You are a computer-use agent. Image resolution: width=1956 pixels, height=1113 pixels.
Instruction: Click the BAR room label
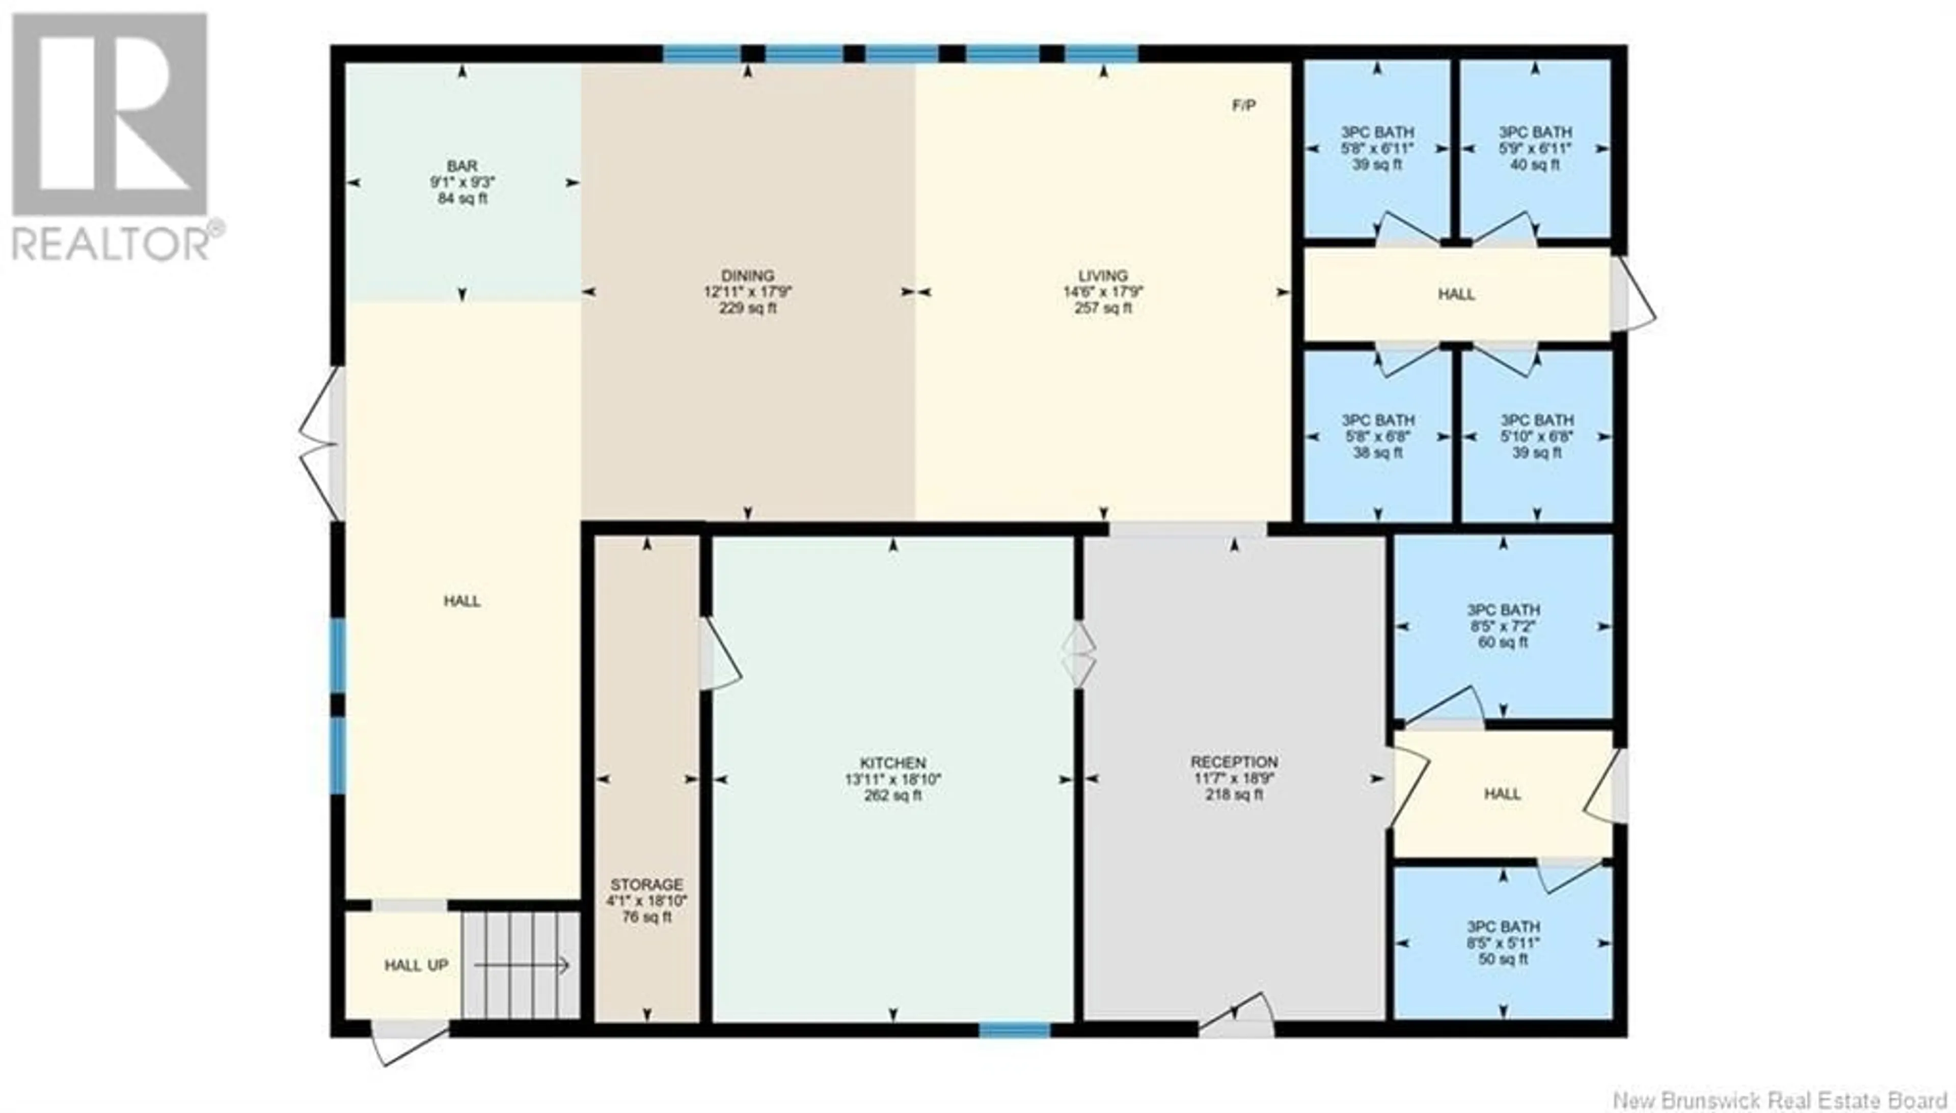coord(462,166)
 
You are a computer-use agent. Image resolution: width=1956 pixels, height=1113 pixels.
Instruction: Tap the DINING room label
coord(747,275)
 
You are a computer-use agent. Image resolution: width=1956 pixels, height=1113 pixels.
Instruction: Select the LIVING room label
coord(1103,275)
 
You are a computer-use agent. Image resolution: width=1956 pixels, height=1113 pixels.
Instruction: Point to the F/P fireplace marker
coord(1243,105)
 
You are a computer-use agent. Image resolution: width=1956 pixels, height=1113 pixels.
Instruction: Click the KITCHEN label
coord(892,763)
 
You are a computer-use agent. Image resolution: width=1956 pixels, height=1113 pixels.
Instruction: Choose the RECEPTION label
coord(1234,762)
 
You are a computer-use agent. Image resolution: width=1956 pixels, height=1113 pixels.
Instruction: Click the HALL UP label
coord(416,965)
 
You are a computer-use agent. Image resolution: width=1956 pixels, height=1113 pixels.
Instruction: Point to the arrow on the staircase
coord(522,965)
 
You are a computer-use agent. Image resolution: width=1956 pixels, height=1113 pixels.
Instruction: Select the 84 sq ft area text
coord(462,199)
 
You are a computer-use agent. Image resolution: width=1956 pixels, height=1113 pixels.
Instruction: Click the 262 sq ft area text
coord(892,795)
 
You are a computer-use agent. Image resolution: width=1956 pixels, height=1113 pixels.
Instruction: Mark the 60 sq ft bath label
coord(1503,642)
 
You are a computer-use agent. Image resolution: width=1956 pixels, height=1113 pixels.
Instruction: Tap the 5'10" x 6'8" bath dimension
coord(1536,436)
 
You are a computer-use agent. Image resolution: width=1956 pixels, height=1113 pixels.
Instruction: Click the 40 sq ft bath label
coord(1535,164)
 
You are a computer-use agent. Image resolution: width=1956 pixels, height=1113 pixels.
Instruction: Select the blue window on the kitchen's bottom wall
coord(1014,1031)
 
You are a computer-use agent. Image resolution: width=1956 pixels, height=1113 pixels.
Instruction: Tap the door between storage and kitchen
coord(718,654)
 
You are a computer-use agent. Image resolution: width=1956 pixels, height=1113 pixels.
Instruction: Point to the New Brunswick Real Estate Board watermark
coord(1779,1100)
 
